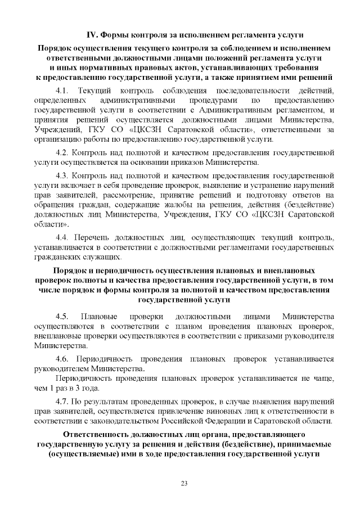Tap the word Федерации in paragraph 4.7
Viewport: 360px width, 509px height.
point(237,421)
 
